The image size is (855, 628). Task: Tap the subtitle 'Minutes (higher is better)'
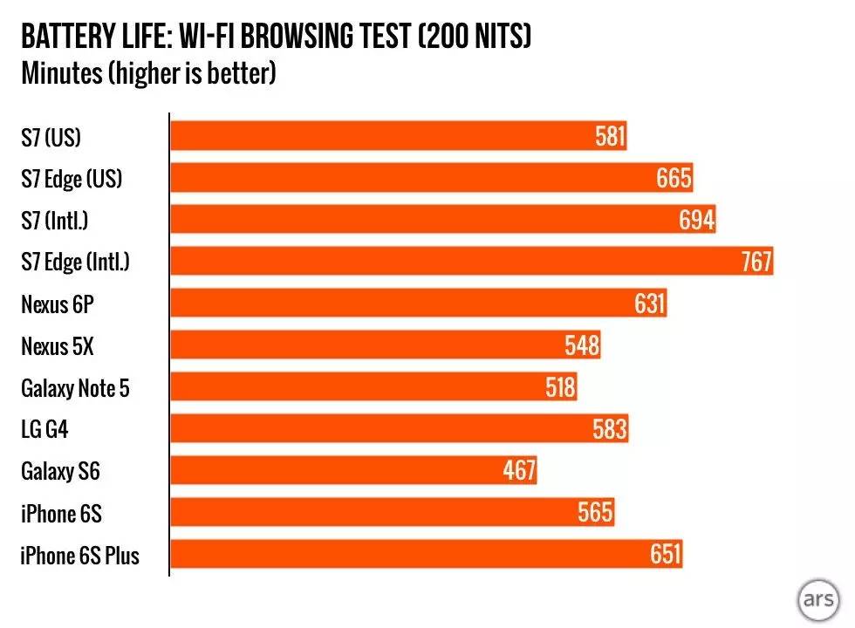[148, 73]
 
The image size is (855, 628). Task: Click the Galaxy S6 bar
[353, 471]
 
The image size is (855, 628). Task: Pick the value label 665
[674, 179]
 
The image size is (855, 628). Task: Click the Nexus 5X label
[58, 346]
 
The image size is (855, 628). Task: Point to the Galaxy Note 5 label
[75, 388]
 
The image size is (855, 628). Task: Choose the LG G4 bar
[399, 429]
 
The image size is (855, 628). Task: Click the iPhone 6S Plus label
[79, 556]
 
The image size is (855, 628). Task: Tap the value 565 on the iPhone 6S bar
[596, 513]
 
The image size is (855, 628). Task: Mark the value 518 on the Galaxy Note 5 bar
[559, 387]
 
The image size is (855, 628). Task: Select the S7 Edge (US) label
[72, 179]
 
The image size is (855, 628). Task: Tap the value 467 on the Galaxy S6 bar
[519, 471]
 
